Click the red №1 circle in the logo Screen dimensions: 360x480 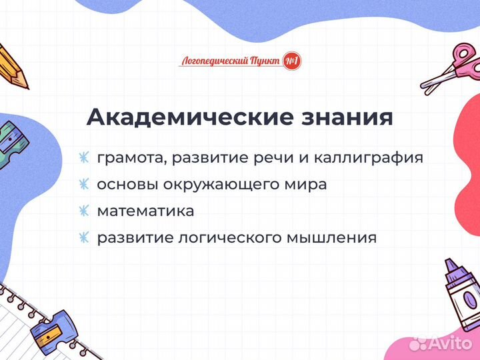click(x=292, y=61)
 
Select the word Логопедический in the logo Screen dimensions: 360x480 click(x=213, y=61)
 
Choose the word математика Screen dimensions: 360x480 click(x=145, y=211)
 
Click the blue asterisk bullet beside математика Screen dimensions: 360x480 click(x=83, y=211)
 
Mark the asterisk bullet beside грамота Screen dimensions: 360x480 click(x=83, y=158)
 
